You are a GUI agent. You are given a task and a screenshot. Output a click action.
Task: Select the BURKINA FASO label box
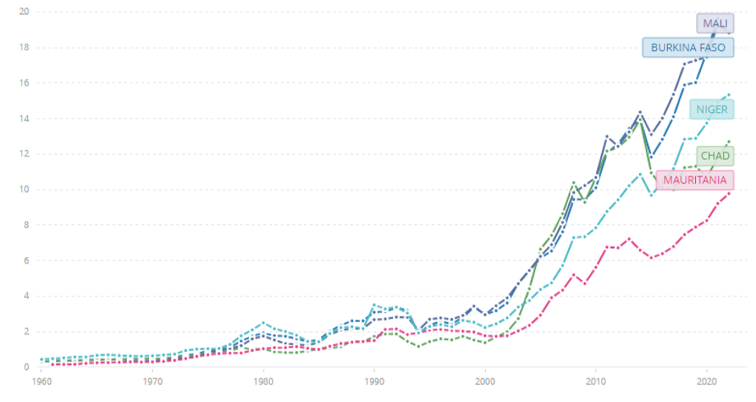(x=688, y=48)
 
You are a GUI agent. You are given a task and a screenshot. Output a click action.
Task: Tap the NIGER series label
(x=711, y=110)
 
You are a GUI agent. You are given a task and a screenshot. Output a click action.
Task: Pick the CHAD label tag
(x=714, y=156)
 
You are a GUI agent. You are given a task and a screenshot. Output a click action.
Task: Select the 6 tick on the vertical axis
(x=26, y=260)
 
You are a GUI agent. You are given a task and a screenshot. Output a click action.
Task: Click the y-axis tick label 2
(x=26, y=331)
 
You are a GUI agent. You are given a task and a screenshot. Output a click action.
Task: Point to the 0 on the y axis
(x=26, y=367)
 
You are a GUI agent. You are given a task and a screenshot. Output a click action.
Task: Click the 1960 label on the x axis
(x=41, y=383)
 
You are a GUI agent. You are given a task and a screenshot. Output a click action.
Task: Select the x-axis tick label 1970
(x=152, y=383)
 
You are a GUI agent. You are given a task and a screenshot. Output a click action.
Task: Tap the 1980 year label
(x=264, y=383)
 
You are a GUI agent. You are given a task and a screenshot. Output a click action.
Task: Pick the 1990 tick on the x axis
(x=375, y=383)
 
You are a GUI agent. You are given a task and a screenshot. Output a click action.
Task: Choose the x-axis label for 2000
(x=485, y=383)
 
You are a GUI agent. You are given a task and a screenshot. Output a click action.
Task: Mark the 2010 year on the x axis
(x=596, y=383)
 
